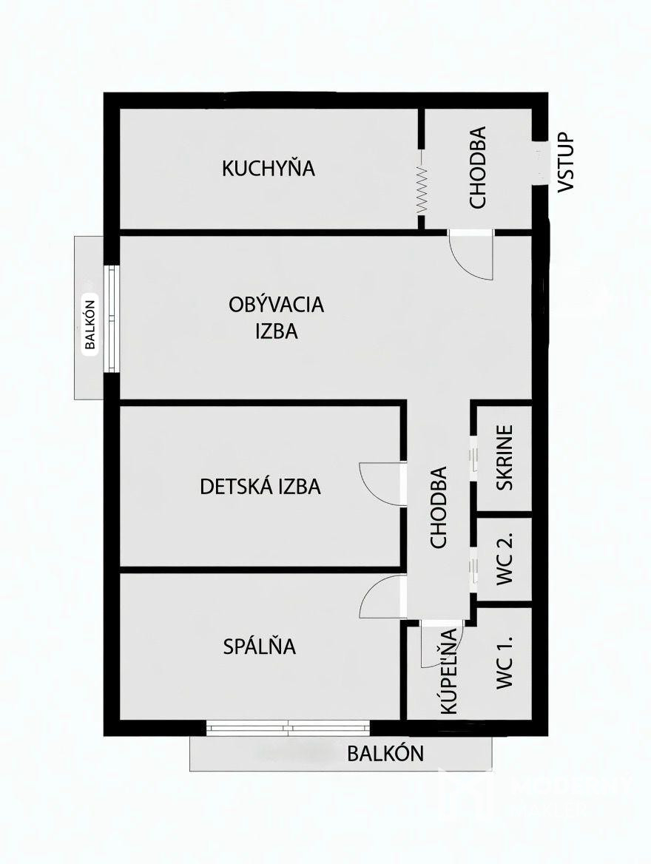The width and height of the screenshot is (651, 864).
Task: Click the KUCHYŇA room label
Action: point(269,168)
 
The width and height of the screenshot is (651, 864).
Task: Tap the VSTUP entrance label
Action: point(566,162)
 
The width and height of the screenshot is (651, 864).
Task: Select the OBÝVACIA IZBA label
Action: point(276,318)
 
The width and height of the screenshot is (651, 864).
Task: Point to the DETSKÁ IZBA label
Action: point(260,487)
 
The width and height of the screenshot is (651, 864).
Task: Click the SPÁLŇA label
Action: point(259,647)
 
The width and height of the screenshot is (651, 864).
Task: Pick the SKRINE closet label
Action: point(505,457)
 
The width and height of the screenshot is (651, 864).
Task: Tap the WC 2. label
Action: point(505,558)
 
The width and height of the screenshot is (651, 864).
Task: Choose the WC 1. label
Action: point(505,662)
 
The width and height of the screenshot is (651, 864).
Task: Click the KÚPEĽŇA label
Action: point(449,671)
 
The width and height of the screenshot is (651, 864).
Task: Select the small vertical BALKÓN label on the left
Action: point(90,324)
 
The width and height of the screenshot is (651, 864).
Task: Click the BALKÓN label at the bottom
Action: point(385,753)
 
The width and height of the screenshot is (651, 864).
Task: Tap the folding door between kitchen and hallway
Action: point(422,189)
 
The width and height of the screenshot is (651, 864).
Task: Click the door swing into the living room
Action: point(471,255)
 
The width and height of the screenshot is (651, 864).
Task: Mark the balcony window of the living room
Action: point(112,320)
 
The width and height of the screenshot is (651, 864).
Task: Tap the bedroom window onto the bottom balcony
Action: point(289,727)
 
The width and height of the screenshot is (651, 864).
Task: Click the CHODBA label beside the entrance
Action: point(477,167)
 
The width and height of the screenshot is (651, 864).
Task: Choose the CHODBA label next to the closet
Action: point(438,507)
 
